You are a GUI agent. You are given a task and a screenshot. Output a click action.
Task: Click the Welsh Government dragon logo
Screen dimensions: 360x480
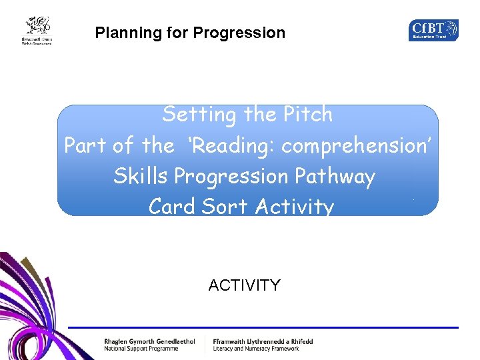(37, 30)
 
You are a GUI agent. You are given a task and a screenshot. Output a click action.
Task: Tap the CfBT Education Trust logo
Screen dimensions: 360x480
(433, 30)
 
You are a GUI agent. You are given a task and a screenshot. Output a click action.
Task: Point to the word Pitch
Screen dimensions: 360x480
(307, 115)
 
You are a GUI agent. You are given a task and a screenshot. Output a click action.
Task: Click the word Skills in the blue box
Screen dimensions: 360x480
(141, 176)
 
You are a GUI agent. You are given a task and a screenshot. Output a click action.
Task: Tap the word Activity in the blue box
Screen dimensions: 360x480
(293, 207)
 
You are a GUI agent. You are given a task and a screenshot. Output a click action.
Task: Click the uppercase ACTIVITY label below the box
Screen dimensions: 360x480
(244, 285)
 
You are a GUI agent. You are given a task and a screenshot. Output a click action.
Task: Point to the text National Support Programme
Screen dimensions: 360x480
(141, 349)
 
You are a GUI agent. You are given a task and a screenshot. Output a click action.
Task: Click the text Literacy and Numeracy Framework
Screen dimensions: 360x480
(256, 349)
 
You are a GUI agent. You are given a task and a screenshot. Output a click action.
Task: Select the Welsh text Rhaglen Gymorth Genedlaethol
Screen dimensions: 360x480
(149, 341)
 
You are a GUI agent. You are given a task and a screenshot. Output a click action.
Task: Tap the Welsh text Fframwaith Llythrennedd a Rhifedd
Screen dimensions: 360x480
(263, 341)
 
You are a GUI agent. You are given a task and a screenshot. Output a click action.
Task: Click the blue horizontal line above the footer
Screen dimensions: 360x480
(267, 327)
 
